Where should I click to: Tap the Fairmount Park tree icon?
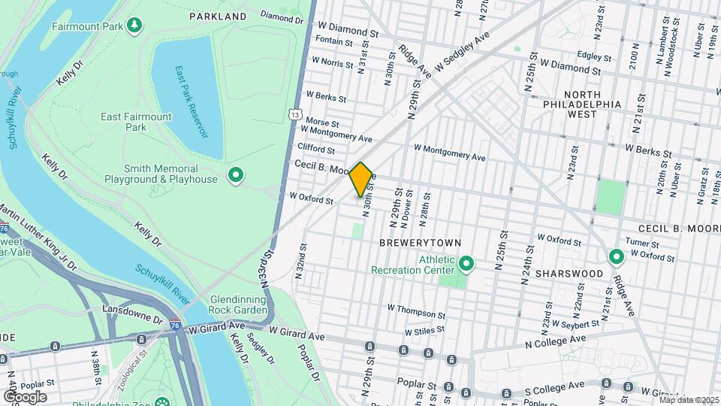click(x=134, y=26)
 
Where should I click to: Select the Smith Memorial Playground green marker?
click(x=236, y=176)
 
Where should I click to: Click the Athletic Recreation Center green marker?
click(x=466, y=264)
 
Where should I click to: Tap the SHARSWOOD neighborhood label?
click(x=570, y=274)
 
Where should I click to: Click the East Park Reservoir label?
click(x=192, y=101)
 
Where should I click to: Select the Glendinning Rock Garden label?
click(x=228, y=304)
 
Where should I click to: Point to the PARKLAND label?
click(x=218, y=16)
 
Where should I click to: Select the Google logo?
click(x=24, y=397)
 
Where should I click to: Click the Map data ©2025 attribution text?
click(x=689, y=400)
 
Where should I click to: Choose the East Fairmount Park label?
click(x=137, y=122)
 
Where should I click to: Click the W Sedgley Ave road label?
click(x=460, y=47)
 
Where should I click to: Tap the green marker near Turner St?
click(x=617, y=258)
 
